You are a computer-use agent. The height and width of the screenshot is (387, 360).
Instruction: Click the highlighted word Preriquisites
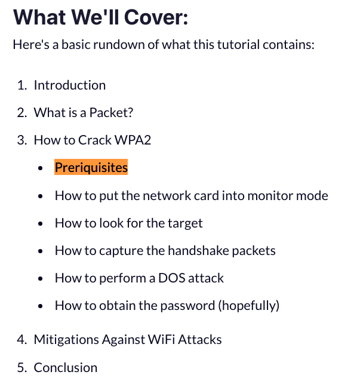(x=91, y=168)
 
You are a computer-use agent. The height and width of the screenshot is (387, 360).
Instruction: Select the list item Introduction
(x=69, y=85)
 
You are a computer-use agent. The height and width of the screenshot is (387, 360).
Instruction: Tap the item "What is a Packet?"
(x=83, y=113)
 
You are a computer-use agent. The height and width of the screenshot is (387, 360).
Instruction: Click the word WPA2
(x=137, y=140)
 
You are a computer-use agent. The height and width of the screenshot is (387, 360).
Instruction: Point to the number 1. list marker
(x=21, y=85)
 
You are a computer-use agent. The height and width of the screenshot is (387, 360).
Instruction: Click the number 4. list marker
(x=21, y=340)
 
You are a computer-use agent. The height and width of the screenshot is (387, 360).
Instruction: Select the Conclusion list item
(x=65, y=367)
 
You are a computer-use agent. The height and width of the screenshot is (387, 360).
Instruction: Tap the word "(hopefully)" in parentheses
(x=248, y=306)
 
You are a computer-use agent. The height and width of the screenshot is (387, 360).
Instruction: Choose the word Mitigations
(x=64, y=340)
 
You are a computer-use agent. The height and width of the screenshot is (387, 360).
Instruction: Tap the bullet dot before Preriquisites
(x=40, y=168)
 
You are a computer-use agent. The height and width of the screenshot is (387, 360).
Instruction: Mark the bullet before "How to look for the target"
(x=40, y=223)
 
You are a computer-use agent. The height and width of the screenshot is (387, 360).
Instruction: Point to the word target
(x=184, y=223)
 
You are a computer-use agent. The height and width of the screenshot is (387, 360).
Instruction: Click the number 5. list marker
(x=21, y=367)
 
